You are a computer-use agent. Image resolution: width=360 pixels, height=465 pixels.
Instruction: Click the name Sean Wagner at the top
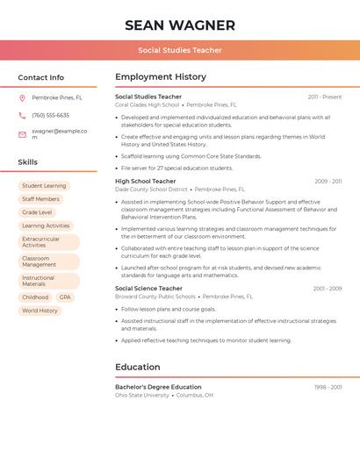(x=180, y=25)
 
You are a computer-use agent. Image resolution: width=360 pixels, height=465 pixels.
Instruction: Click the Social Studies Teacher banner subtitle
(x=180, y=50)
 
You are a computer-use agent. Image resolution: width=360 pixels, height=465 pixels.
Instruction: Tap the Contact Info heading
(x=41, y=77)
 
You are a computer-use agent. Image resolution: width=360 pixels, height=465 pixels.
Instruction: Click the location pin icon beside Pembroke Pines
(x=23, y=97)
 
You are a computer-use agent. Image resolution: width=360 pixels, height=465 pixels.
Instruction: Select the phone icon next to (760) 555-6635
(x=23, y=115)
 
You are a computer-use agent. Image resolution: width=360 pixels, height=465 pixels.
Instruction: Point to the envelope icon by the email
(x=23, y=134)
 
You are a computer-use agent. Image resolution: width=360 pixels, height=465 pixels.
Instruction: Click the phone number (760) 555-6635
(x=50, y=115)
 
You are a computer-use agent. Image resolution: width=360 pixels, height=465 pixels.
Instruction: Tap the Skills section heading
(x=28, y=162)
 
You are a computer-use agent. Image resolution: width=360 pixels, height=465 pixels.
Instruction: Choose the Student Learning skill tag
(x=44, y=186)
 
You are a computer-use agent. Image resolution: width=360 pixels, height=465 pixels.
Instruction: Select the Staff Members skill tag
(x=41, y=199)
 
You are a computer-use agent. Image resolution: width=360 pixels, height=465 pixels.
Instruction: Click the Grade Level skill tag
(x=37, y=212)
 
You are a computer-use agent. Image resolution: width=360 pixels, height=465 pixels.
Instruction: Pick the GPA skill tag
(x=65, y=297)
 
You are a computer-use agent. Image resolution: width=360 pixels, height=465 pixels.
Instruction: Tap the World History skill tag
(x=40, y=311)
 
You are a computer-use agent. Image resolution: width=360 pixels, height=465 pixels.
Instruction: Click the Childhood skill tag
(x=35, y=297)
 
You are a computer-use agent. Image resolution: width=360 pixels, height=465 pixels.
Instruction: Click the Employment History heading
(x=161, y=77)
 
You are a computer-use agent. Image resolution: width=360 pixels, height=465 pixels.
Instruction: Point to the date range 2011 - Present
(x=325, y=97)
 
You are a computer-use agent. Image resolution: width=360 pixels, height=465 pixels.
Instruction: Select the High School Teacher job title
(x=146, y=182)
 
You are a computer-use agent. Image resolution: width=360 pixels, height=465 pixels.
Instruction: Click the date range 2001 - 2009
(x=328, y=288)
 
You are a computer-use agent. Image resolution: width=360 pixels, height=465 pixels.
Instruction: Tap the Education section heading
(x=138, y=367)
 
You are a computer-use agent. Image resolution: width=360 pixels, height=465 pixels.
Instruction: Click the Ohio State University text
(x=142, y=395)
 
